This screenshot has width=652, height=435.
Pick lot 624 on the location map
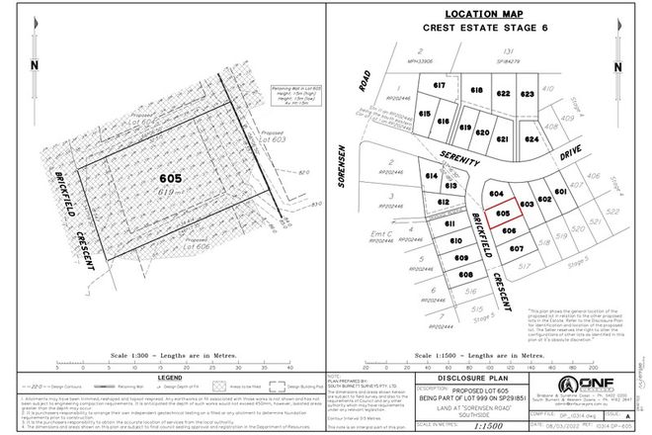point(533,140)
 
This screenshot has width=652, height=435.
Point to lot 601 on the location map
point(561,192)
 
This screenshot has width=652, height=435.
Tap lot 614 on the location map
point(431,176)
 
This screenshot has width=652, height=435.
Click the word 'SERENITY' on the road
point(466,158)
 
